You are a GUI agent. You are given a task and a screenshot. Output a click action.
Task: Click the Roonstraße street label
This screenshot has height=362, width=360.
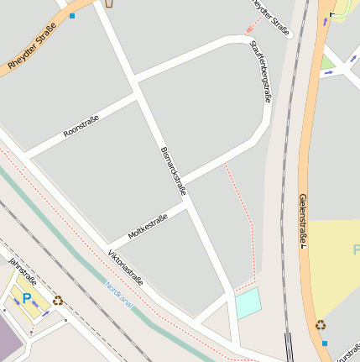[81, 126]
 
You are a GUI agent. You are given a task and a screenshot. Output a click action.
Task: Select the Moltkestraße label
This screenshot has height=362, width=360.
[148, 225]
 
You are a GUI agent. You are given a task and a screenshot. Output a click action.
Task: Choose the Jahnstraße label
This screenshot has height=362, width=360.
[23, 270]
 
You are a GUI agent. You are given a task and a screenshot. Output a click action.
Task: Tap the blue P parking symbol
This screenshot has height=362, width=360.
[27, 297]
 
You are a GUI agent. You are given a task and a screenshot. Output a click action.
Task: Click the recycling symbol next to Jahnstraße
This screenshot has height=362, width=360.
[57, 300]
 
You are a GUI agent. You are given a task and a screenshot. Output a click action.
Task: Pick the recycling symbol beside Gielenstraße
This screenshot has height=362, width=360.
[321, 325]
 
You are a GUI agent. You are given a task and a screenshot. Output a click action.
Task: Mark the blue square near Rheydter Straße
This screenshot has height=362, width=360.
[72, 16]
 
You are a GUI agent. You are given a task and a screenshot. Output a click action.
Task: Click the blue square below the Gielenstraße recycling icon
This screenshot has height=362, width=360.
[325, 344]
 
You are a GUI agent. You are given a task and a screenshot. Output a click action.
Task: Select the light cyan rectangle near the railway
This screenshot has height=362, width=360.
[248, 303]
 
